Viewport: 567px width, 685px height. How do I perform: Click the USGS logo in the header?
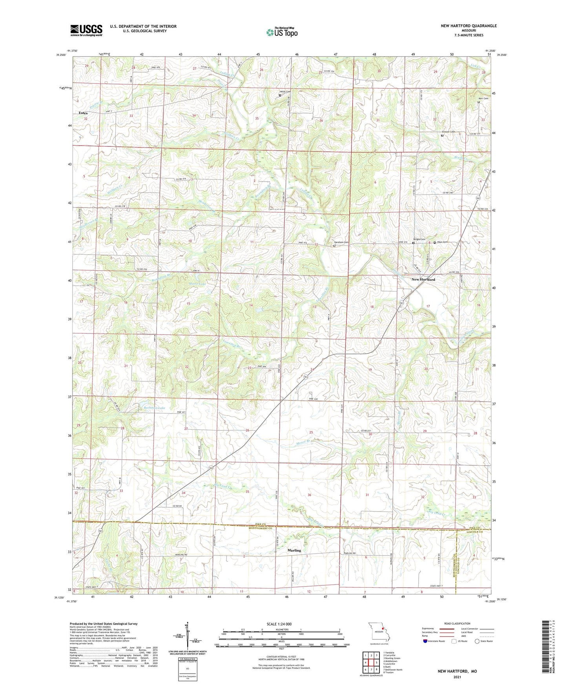[x=86, y=30]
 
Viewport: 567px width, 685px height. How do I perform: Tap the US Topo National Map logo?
[x=281, y=32]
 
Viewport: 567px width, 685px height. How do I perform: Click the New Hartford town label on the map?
[x=423, y=280]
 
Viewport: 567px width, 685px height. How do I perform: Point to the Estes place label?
[x=83, y=113]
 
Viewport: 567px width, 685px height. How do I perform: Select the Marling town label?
[x=294, y=550]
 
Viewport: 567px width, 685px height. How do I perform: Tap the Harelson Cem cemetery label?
[x=341, y=242]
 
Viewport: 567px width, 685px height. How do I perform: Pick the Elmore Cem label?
[x=448, y=132]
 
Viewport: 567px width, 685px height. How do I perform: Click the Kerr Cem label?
[x=483, y=98]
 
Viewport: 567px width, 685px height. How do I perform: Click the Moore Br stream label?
[x=303, y=442]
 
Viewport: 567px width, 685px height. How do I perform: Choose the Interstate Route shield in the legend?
[x=426, y=641]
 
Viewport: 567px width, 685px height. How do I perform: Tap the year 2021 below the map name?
[x=457, y=677]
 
